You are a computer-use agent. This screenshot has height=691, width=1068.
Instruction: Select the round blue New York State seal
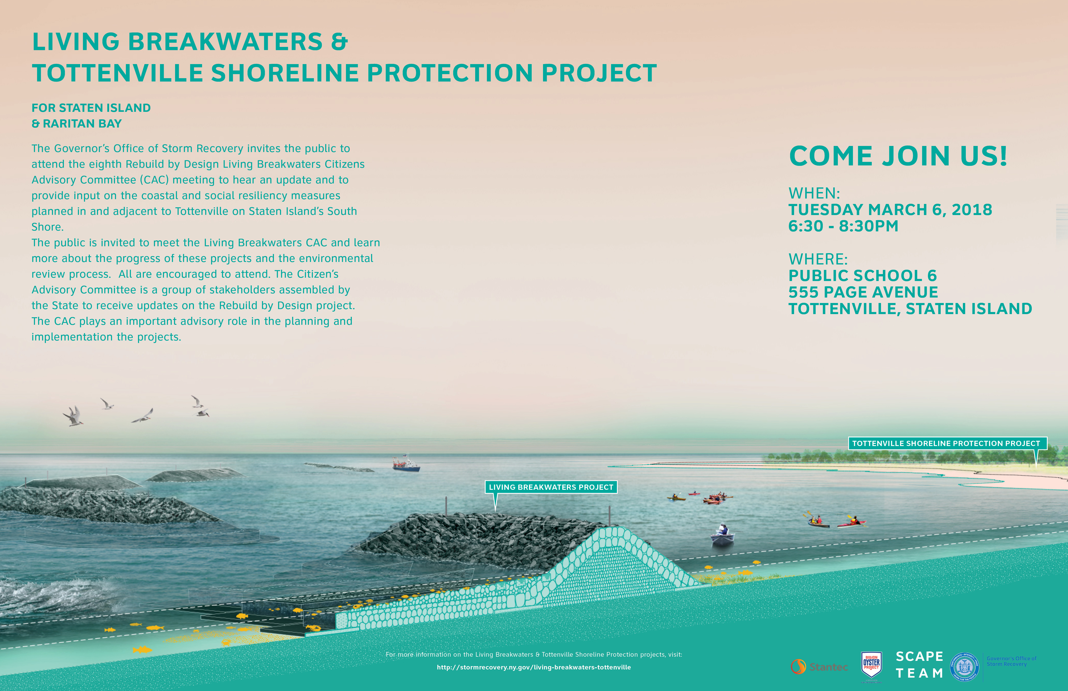click(x=965, y=667)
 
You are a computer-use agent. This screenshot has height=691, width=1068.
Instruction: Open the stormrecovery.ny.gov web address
click(x=534, y=667)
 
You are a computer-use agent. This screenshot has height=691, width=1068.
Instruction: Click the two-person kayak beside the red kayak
click(x=818, y=521)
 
